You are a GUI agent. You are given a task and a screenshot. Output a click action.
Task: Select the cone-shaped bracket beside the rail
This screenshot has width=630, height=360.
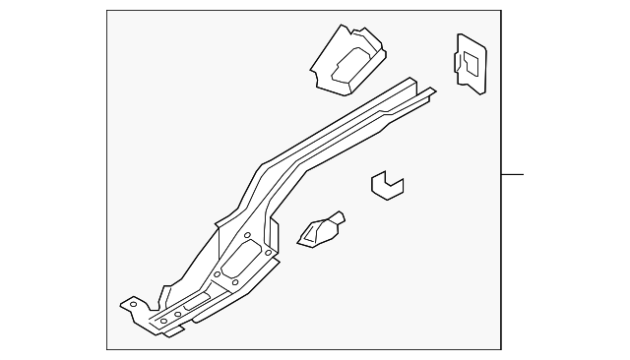(320, 232)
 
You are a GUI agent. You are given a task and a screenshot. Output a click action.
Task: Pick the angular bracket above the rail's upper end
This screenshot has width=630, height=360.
(347, 58)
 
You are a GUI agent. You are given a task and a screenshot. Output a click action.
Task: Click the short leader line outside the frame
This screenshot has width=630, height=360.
(512, 176)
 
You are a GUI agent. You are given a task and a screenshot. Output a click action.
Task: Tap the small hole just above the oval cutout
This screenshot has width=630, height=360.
(247, 236)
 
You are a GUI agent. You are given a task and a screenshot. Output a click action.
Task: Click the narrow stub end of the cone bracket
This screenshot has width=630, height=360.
(341, 216)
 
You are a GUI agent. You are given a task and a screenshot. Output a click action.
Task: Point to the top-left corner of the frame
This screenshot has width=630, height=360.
(106, 11)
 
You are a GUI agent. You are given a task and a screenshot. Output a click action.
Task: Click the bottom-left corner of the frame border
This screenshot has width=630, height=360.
(106, 348)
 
